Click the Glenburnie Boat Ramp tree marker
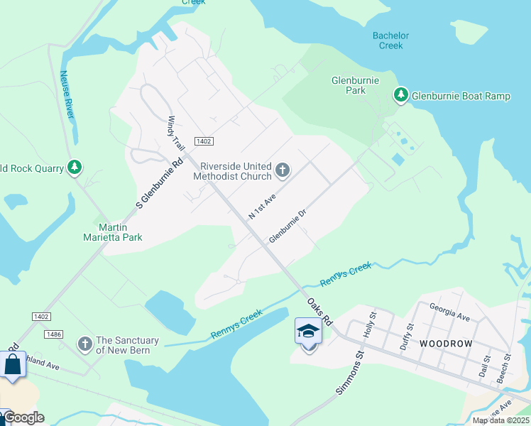(x=401, y=95)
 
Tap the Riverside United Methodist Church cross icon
(x=283, y=170)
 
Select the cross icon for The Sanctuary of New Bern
(x=85, y=344)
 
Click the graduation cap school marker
(x=308, y=332)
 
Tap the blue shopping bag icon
(x=13, y=366)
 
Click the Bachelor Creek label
(x=390, y=40)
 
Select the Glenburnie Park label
(x=349, y=85)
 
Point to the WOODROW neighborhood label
(x=446, y=343)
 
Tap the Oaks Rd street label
(x=319, y=311)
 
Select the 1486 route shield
(x=53, y=334)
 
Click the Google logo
(x=23, y=418)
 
